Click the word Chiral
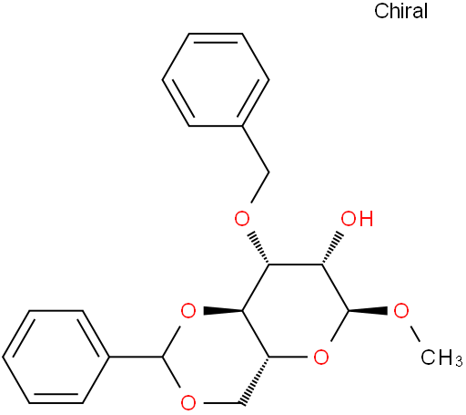tap(400, 11)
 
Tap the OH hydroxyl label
tap(357, 219)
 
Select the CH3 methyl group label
tap(441, 358)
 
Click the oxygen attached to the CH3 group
tap(401, 311)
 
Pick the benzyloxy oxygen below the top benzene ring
tap(242, 219)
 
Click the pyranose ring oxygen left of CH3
tap(321, 357)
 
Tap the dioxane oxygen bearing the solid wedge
tap(188, 311)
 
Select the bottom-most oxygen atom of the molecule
tap(188, 403)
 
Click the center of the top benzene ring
tap(216, 79)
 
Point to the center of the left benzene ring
tap(56, 357)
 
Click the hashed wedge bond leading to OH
tap(332, 249)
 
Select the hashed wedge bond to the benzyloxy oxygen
tap(258, 249)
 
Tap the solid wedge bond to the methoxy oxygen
tap(368, 311)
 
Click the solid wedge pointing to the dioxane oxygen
tap(223, 311)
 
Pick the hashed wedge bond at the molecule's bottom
tap(255, 380)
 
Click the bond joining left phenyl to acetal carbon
tap(137, 357)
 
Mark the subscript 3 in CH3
tap(458, 361)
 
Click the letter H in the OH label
tap(366, 219)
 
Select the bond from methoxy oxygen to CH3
tap(414, 334)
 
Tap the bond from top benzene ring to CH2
tap(256, 150)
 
